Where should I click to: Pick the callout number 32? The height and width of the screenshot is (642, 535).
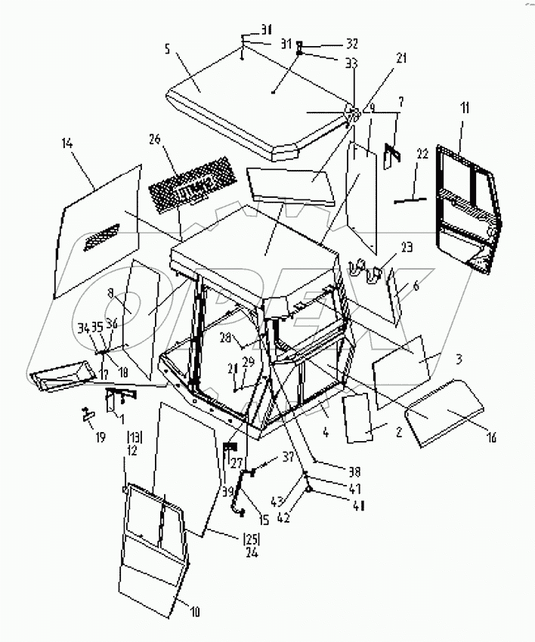coord(330,43)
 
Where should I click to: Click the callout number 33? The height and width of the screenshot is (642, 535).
coord(330,64)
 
